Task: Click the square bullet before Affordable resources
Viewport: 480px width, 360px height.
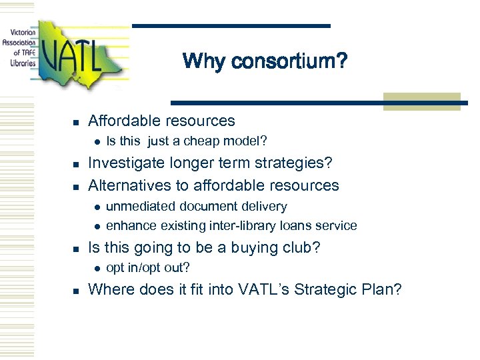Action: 77,122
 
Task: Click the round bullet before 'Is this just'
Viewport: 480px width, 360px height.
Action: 96,141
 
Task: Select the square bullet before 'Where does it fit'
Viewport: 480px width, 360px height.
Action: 77,291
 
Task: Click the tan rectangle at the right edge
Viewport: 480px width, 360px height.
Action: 422,101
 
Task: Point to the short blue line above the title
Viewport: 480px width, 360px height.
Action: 231,26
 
